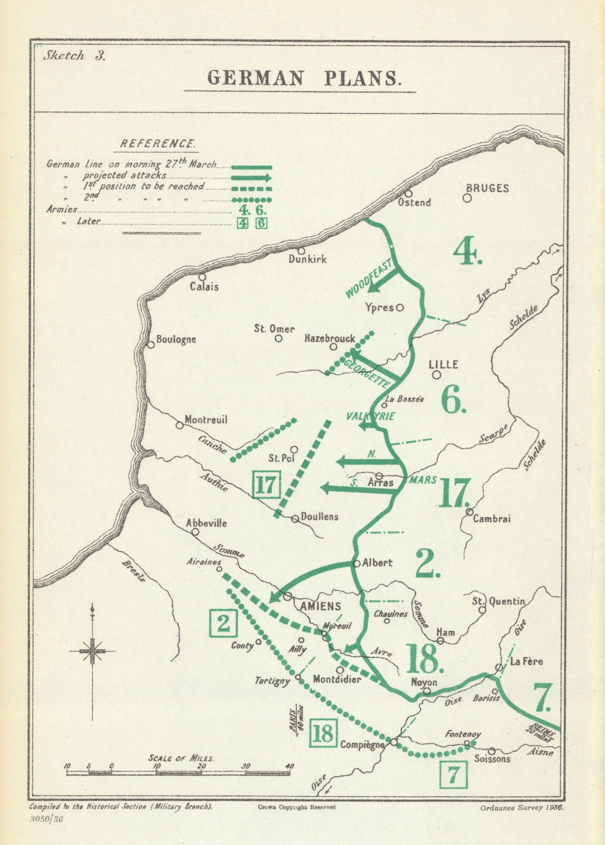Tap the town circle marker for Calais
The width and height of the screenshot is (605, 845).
(x=202, y=277)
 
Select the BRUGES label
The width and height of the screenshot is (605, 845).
(x=487, y=188)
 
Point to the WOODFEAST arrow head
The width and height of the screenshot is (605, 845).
(x=372, y=287)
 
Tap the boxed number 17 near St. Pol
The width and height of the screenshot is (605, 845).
(x=266, y=484)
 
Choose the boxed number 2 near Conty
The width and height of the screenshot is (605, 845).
(x=223, y=623)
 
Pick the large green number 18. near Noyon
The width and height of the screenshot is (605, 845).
(x=423, y=658)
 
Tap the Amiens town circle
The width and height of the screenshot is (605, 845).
(x=287, y=596)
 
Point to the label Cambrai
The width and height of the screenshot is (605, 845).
(x=492, y=519)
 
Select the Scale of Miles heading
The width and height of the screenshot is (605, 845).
(x=181, y=758)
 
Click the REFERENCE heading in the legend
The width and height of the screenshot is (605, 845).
(x=158, y=144)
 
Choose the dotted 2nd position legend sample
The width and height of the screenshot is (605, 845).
(x=252, y=200)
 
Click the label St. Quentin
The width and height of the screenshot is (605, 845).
(x=498, y=601)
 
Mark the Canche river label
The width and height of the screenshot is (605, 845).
(x=213, y=445)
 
